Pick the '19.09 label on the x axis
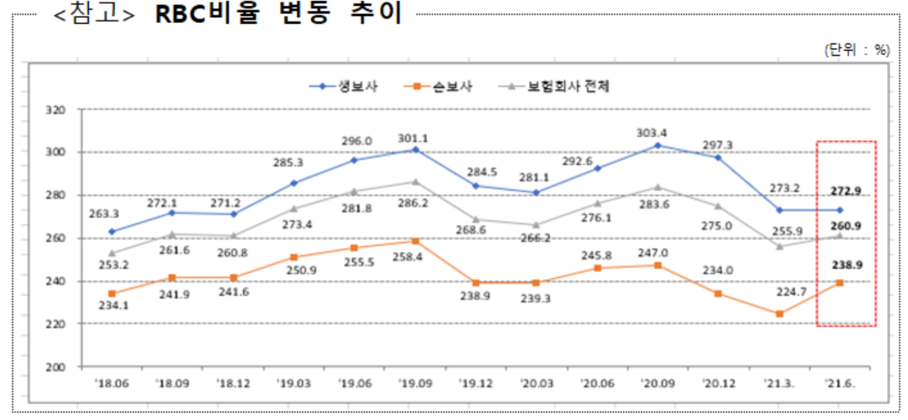pos(415,383)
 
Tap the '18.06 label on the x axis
pos(111,383)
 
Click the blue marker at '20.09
pos(657,145)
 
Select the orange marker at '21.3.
pos(780,314)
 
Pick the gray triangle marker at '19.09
pos(415,181)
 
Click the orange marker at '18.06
pos(111,293)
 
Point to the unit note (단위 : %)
pos(857,50)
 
